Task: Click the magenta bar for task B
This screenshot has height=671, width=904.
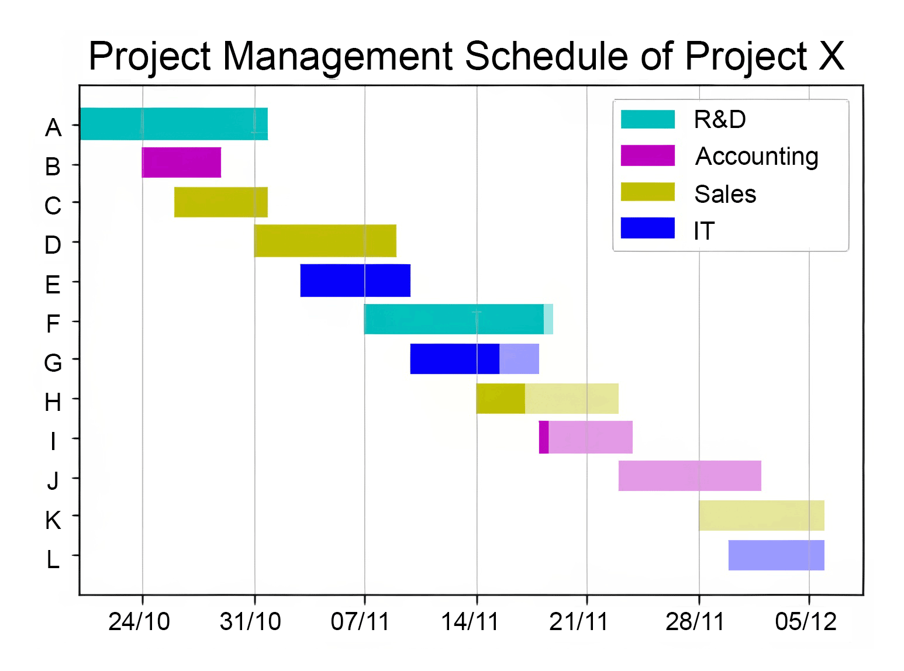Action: tap(181, 162)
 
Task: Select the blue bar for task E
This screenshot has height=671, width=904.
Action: tap(355, 281)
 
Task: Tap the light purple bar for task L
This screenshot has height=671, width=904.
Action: tap(776, 555)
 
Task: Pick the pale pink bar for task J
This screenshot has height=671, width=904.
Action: tap(689, 476)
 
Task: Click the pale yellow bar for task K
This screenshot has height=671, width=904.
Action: tap(761, 516)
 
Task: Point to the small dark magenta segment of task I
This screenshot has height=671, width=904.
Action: tap(544, 437)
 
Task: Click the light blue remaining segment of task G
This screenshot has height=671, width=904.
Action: tap(519, 359)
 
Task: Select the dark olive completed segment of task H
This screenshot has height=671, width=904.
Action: tap(501, 399)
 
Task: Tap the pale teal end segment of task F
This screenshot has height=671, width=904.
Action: tap(548, 319)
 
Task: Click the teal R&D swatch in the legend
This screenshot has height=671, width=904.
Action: tap(647, 119)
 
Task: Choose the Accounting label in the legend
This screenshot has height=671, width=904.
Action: tap(756, 157)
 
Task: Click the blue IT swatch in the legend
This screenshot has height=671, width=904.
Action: tap(647, 229)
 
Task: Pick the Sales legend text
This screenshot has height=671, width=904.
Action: tap(725, 194)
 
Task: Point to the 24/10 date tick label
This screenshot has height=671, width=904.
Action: tap(139, 622)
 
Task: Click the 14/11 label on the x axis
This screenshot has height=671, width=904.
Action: tap(470, 622)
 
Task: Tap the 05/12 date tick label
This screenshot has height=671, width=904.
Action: tap(806, 622)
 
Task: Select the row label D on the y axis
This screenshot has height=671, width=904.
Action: tap(53, 245)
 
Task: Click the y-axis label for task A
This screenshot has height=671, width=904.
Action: tap(53, 127)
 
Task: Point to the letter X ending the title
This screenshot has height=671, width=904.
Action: tap(830, 57)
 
